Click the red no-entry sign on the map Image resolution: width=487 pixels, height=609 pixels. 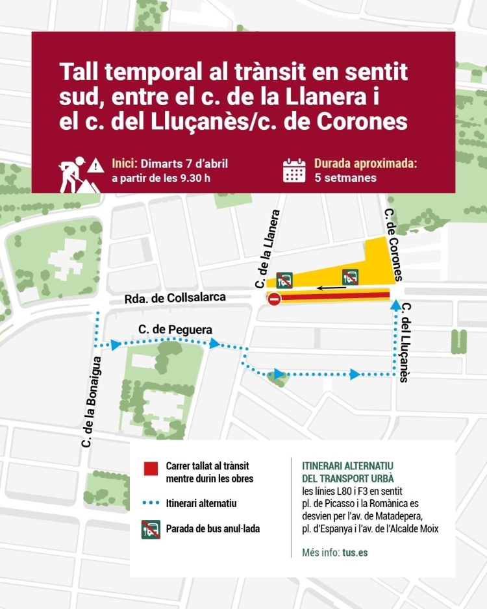274,299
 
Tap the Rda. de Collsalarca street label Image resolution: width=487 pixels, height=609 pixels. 175,298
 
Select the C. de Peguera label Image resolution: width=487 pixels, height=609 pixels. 175,330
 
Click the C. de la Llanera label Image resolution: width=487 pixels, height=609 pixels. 267,248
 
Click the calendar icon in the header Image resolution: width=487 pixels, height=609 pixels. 294,171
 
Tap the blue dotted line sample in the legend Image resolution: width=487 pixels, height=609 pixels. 151,503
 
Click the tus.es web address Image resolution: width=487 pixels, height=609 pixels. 356,553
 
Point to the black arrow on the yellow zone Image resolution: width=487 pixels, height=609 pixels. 332,286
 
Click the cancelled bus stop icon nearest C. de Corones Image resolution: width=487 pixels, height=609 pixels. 351,277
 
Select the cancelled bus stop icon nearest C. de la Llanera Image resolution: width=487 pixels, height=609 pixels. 284,280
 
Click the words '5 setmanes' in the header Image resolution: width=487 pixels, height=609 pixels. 345,177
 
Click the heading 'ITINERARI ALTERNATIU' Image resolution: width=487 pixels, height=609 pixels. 348,466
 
